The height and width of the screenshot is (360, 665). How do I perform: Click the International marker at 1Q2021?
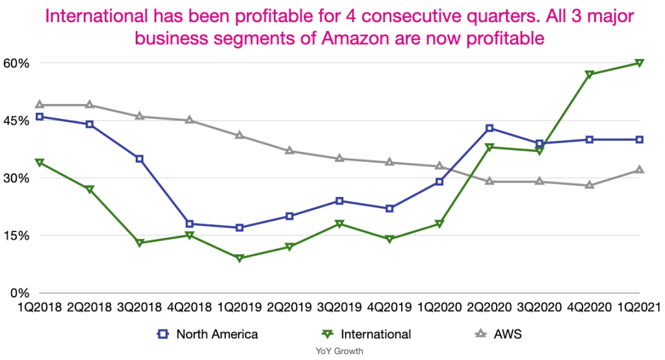pyautogui.click(x=640, y=63)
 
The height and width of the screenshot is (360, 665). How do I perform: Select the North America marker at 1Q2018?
pyautogui.click(x=39, y=117)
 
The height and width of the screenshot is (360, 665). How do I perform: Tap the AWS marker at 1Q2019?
pyautogui.click(x=239, y=136)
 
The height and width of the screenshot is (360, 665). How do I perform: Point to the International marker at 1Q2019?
pyautogui.click(x=239, y=259)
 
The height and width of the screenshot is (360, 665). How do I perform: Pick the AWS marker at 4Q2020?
pyautogui.click(x=590, y=185)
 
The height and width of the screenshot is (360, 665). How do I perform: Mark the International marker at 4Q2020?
pyautogui.click(x=590, y=75)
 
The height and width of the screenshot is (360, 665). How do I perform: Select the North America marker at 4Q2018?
pyautogui.click(x=189, y=224)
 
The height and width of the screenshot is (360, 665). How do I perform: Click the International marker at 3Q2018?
pyautogui.click(x=139, y=243)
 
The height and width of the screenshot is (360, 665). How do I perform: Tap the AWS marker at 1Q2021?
pyautogui.click(x=640, y=170)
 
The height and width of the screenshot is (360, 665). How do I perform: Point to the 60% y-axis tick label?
pyautogui.click(x=18, y=63)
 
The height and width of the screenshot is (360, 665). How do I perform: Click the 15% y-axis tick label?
pyautogui.click(x=18, y=235)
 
